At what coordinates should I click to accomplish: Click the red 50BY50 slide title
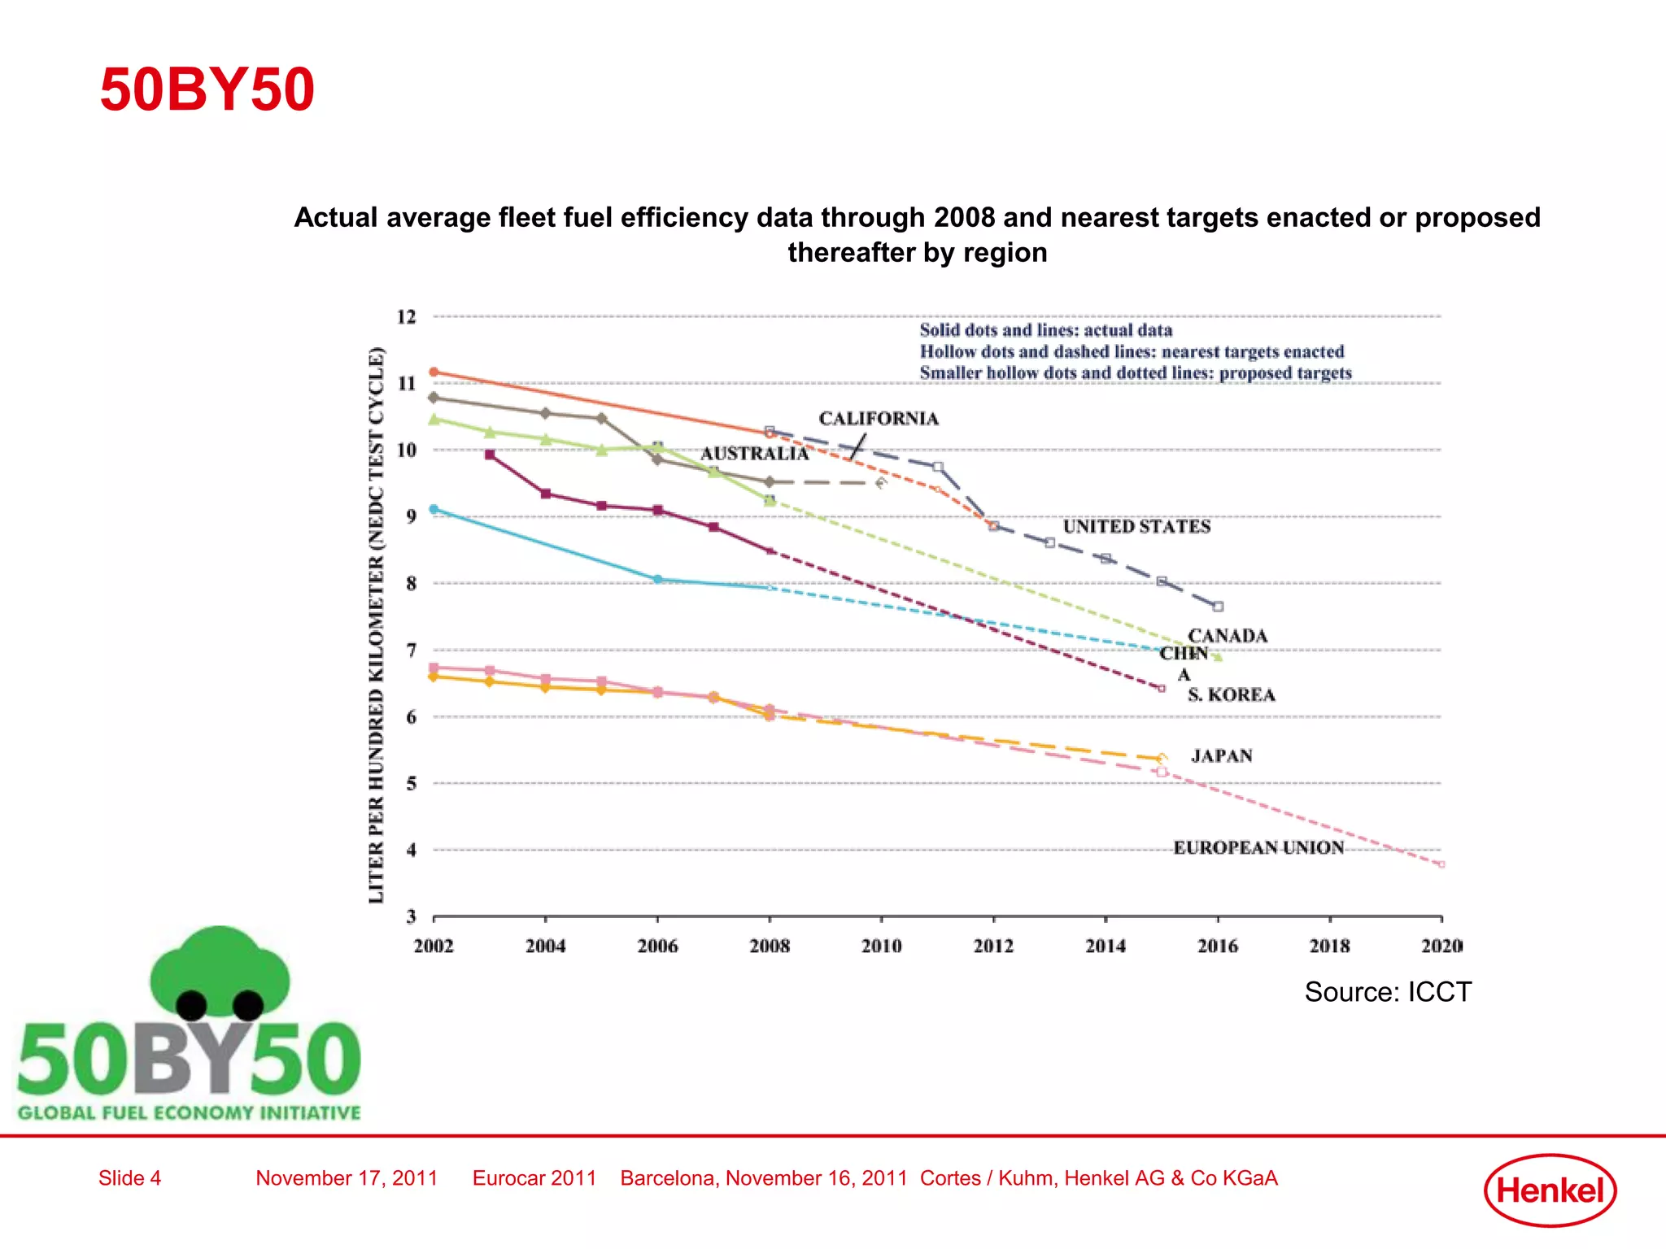[x=207, y=89]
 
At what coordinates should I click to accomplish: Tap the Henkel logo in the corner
[x=1550, y=1190]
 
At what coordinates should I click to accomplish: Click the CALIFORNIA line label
[x=879, y=419]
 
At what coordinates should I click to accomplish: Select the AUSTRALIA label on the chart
[x=754, y=454]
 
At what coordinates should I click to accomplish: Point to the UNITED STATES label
[x=1136, y=527]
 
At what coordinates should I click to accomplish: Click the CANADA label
[x=1228, y=636]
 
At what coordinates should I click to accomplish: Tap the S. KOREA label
[x=1231, y=695]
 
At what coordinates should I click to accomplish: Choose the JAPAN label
[x=1222, y=756]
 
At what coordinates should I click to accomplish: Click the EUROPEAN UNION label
[x=1258, y=848]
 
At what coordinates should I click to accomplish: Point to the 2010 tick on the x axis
[x=882, y=946]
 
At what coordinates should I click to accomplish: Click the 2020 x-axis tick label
[x=1441, y=946]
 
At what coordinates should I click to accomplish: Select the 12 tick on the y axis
[x=407, y=317]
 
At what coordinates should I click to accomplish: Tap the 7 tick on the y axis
[x=411, y=651]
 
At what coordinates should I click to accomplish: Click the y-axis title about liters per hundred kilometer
[x=376, y=624]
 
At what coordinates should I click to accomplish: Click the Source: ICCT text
[x=1388, y=992]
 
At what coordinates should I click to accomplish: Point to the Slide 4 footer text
[x=130, y=1178]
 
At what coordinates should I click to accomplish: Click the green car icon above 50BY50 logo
[x=220, y=972]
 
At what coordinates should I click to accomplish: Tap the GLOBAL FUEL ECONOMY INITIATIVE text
[x=189, y=1112]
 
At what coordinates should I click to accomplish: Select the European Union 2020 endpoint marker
[x=1441, y=864]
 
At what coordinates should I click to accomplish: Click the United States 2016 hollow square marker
[x=1218, y=607]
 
